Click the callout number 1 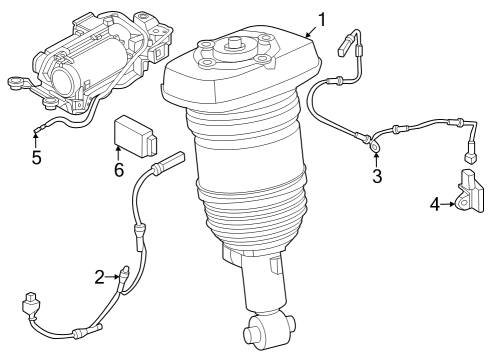click(322, 18)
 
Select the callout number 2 click(100, 277)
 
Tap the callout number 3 click(376, 178)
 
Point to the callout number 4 click(435, 204)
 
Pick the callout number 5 click(36, 157)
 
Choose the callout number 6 click(118, 170)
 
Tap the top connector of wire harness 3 click(350, 44)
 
